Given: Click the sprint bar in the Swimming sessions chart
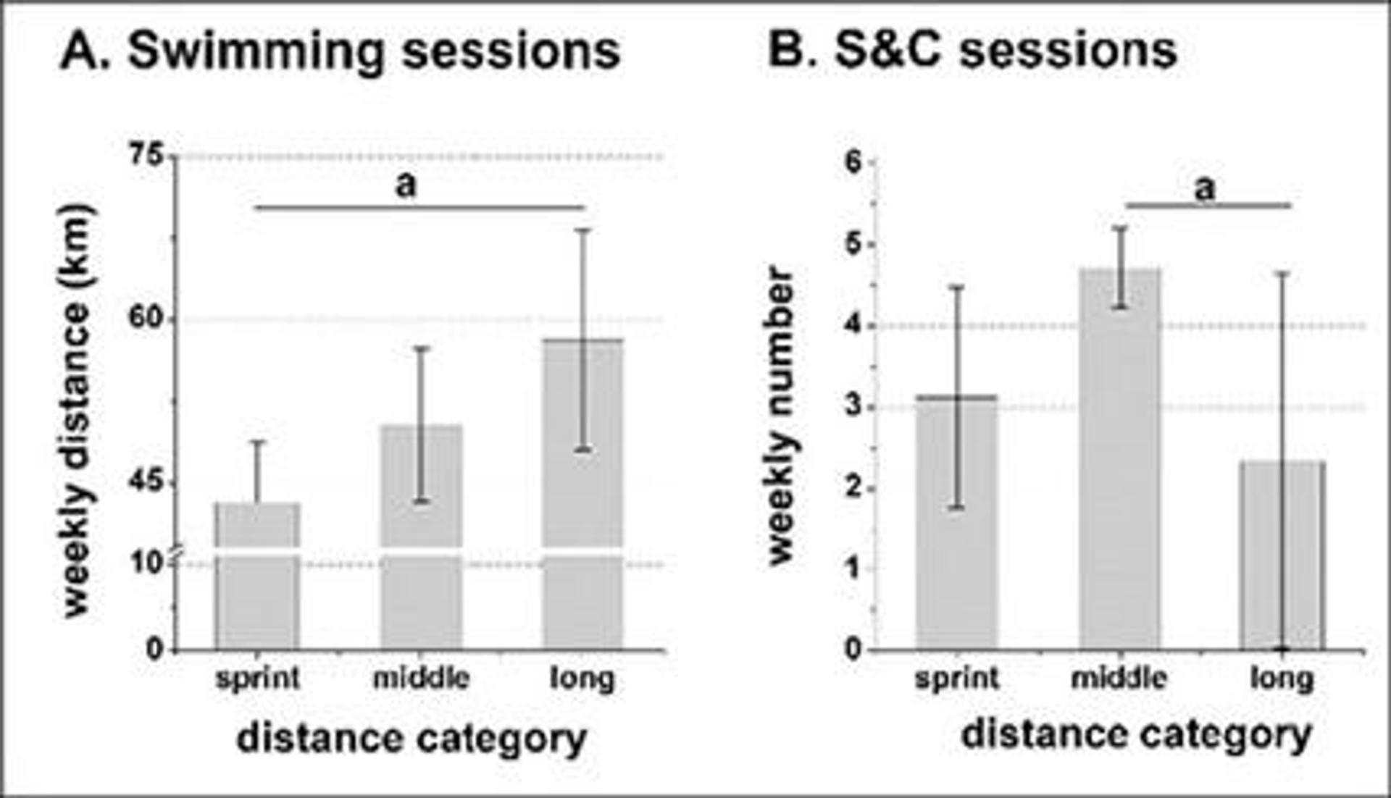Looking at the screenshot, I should pyautogui.click(x=258, y=579).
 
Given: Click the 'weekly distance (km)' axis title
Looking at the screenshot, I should pyautogui.click(x=75, y=411).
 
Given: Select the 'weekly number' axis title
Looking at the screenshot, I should pyautogui.click(x=781, y=415).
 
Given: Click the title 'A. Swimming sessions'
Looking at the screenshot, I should pyautogui.click(x=340, y=51).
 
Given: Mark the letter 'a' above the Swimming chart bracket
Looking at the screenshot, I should pyautogui.click(x=406, y=185).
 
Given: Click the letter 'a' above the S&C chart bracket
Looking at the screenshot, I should pyautogui.click(x=1204, y=188).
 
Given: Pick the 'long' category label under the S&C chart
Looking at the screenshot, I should pyautogui.click(x=1282, y=679).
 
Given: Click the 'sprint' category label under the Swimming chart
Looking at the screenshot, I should pyautogui.click(x=258, y=679).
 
